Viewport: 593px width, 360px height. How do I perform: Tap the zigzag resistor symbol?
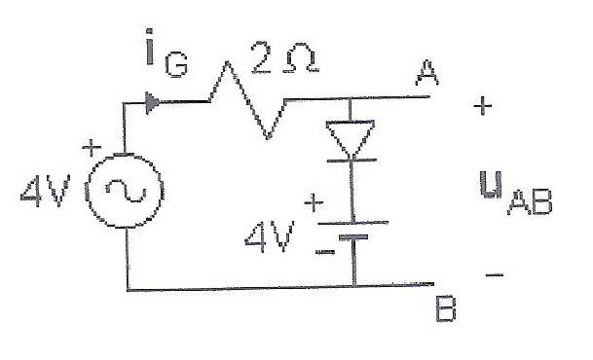247,101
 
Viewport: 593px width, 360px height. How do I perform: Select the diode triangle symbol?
351,137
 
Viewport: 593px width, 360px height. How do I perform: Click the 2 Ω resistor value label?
285,56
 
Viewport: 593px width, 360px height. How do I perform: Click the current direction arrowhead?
152,102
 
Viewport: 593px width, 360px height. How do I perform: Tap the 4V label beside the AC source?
46,191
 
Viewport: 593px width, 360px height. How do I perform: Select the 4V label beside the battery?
270,237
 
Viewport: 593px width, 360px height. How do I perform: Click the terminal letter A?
427,73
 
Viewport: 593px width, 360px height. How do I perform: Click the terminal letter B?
446,308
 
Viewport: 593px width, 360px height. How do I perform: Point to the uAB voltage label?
515,193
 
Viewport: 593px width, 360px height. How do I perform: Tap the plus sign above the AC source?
92,147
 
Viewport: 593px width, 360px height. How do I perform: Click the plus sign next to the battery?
314,203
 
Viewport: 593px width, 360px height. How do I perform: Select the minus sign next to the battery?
325,251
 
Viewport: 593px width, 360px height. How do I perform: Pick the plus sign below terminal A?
483,106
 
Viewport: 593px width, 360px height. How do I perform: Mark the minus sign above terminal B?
495,274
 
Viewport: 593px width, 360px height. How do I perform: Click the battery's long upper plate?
353,223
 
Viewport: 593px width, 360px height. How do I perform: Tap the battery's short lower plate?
353,237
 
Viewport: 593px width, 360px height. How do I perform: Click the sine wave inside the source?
126,191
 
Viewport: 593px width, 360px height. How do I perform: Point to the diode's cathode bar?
352,161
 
